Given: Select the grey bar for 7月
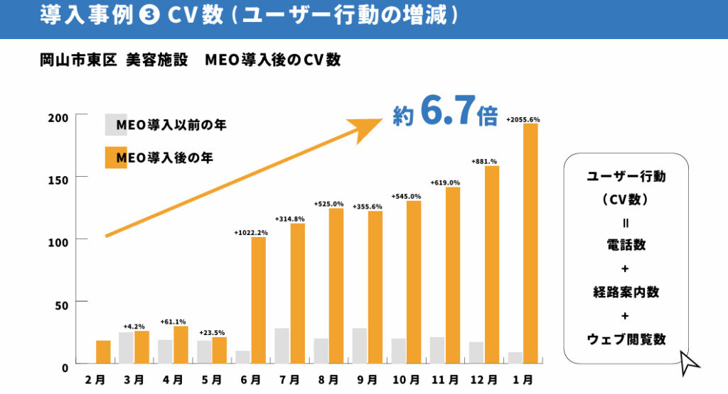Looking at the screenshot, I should (282, 346).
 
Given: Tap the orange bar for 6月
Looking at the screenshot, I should (259, 300).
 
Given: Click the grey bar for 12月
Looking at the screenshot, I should (476, 352).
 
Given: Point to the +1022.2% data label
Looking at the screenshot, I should (250, 232).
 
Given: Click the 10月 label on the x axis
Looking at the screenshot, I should (406, 380).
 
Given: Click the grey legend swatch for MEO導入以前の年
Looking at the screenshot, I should (115, 124).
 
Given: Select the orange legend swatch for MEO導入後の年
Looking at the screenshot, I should (115, 157).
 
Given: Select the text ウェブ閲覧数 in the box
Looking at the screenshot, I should (626, 339).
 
